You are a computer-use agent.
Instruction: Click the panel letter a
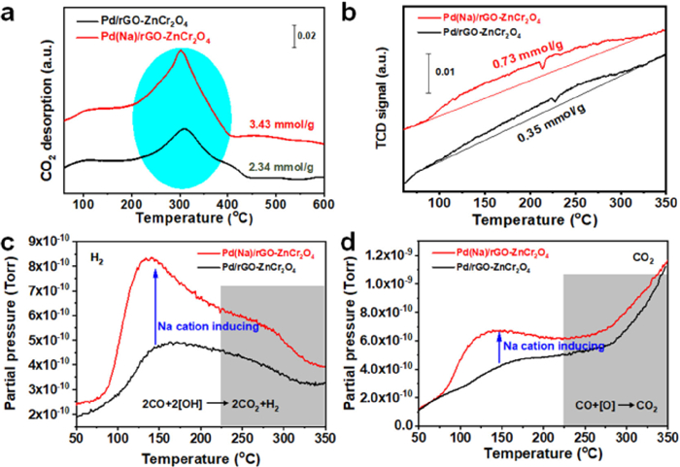(x=9, y=13)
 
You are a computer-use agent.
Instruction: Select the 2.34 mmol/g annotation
(x=273, y=169)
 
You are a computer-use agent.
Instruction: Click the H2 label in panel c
(x=96, y=259)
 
